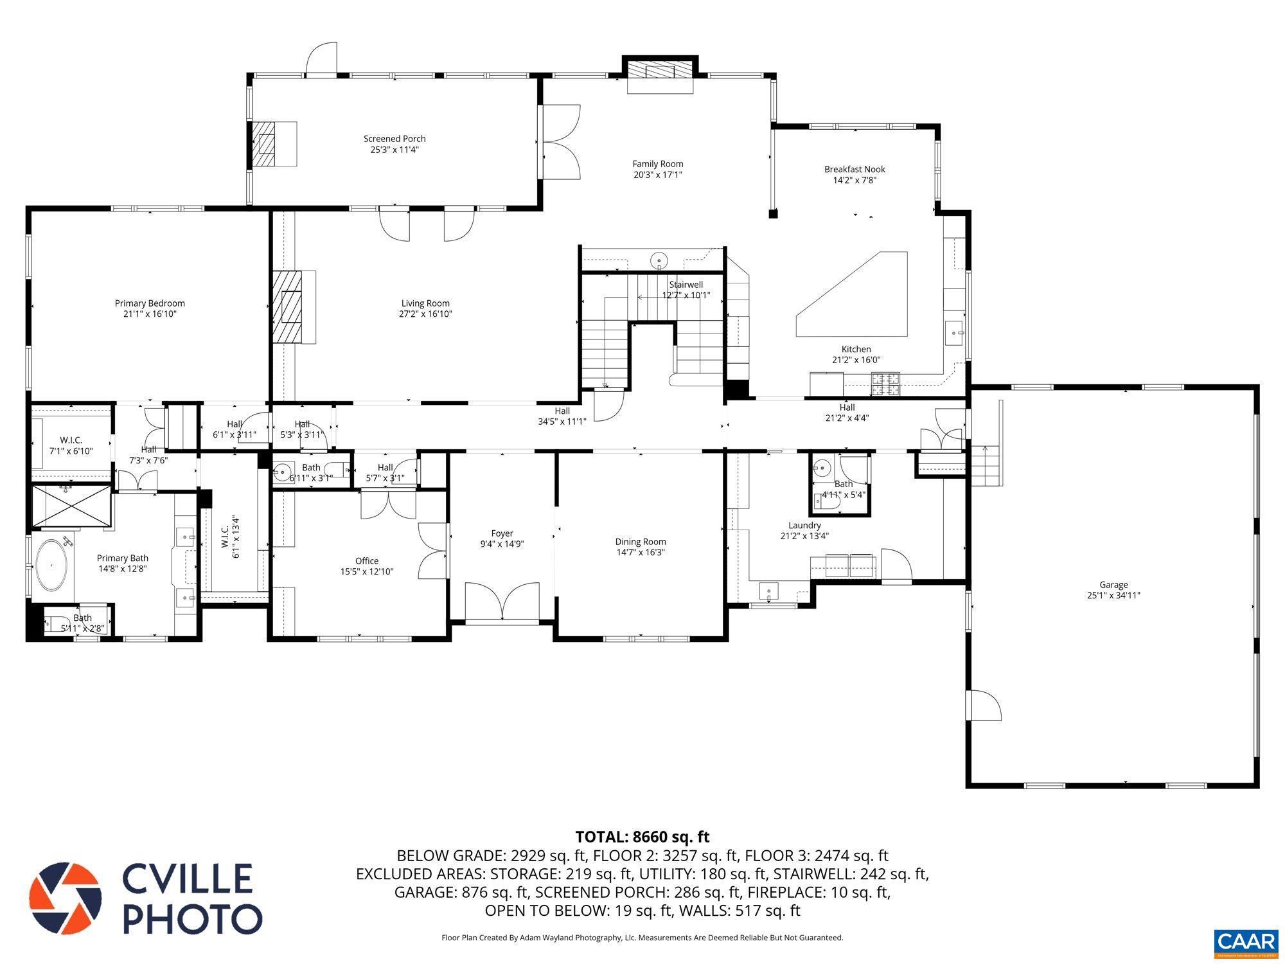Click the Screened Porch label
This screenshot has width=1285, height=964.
(394, 139)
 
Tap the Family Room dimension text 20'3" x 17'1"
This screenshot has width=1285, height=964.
(657, 175)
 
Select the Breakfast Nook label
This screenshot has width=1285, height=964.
(855, 170)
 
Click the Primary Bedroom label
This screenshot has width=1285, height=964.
(150, 303)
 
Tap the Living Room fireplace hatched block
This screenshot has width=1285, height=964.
(287, 307)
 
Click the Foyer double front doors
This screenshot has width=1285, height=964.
(502, 602)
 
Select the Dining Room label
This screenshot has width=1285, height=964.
(641, 542)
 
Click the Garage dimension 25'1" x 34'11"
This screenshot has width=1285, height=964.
(1113, 596)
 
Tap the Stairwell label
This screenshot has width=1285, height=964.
(686, 285)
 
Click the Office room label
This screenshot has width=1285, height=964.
(367, 561)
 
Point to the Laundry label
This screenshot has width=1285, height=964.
(804, 525)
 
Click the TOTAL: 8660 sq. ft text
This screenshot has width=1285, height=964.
(642, 837)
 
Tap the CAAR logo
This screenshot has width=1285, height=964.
(1246, 942)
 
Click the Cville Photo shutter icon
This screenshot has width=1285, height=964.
(66, 897)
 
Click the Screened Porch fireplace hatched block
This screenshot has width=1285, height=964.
(263, 143)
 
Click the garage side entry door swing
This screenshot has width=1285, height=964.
(985, 706)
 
